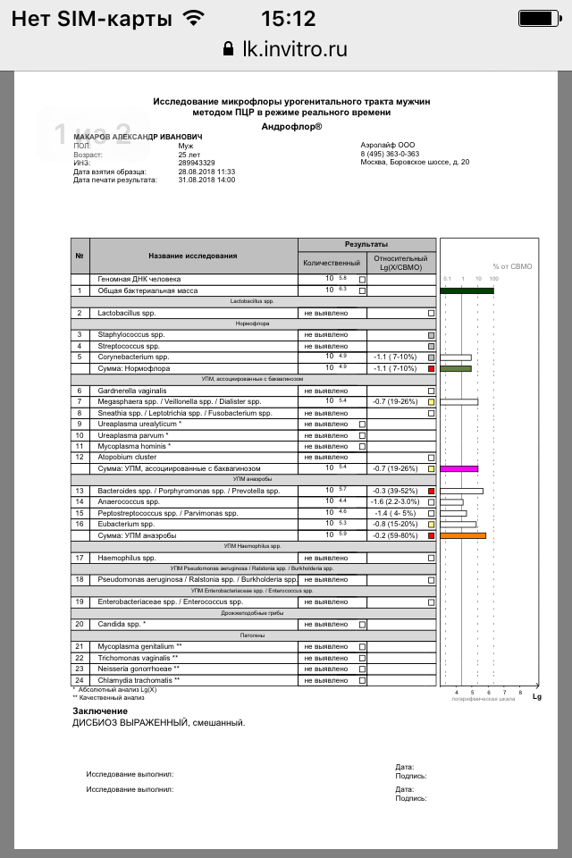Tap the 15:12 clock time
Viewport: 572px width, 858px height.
288,18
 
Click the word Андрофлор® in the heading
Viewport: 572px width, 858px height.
292,126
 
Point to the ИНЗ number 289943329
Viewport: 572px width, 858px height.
197,163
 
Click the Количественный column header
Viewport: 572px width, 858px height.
332,263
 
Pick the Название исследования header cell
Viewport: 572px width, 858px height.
193,257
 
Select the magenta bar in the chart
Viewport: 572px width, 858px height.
460,468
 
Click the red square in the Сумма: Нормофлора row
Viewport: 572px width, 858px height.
431,368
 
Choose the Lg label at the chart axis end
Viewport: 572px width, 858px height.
537,696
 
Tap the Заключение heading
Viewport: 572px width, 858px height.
100,711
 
